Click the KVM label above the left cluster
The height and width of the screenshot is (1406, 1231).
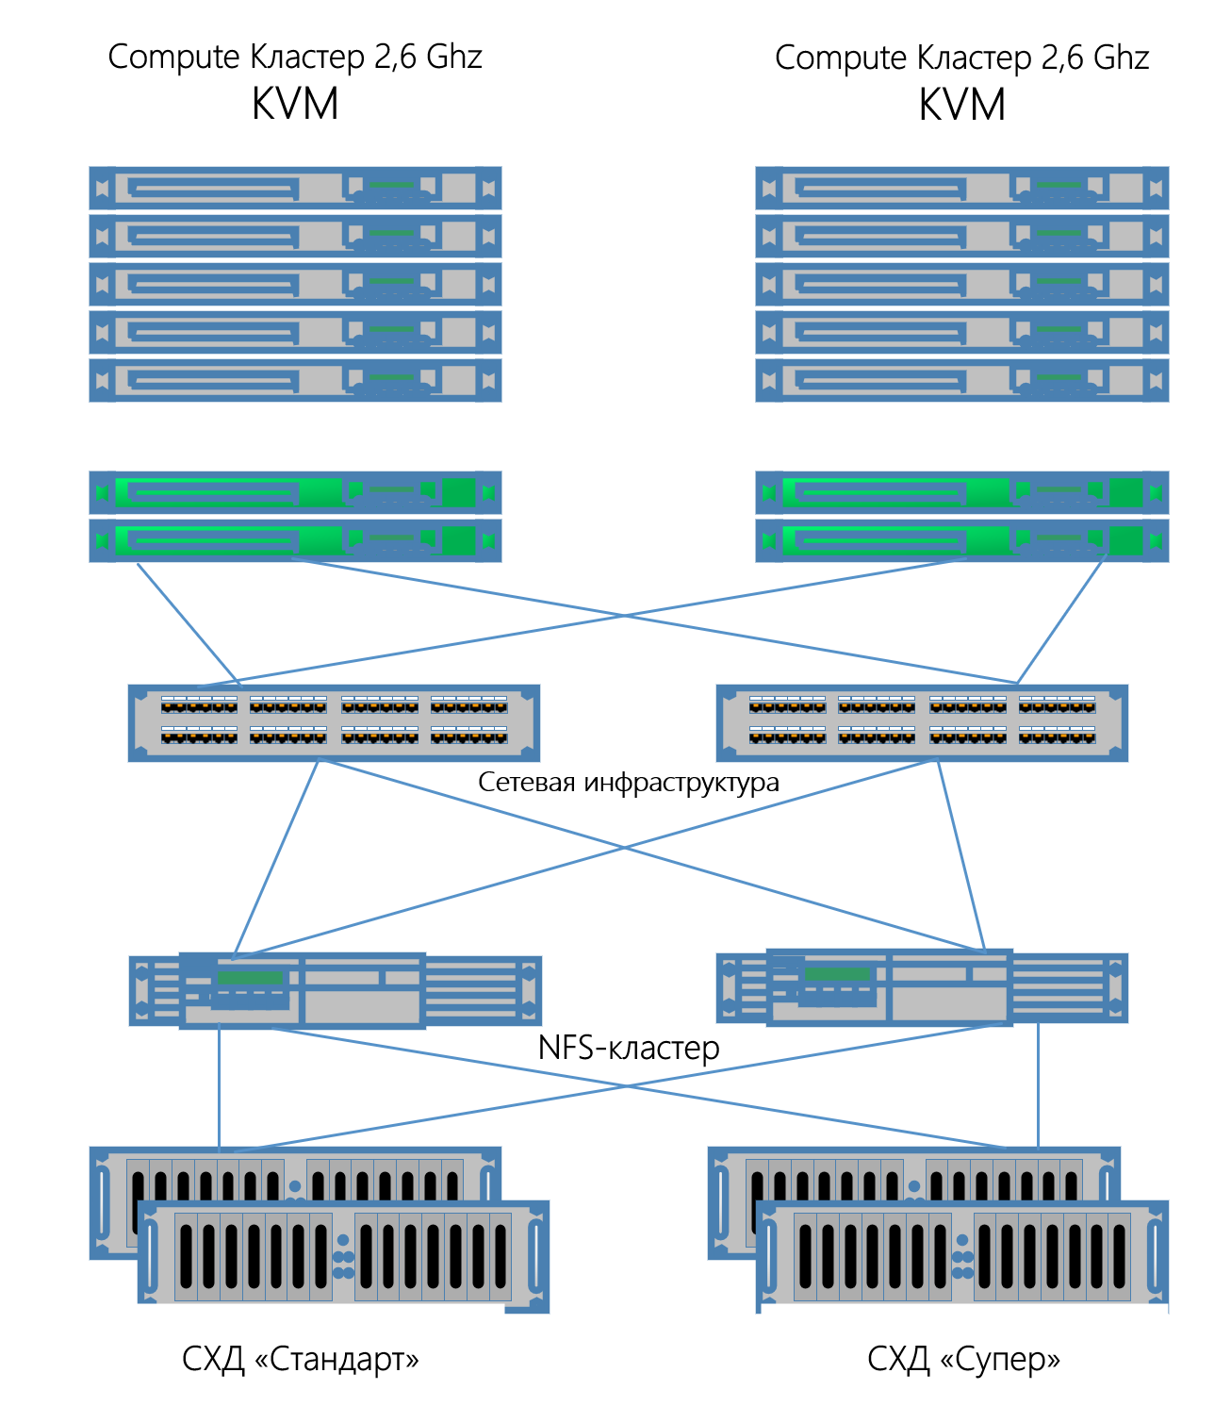pyautogui.click(x=295, y=104)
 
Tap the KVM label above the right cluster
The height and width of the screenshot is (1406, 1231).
pyautogui.click(x=961, y=104)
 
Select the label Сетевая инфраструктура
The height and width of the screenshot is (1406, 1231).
pyautogui.click(x=628, y=782)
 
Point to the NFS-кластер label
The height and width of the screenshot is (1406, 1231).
pyautogui.click(x=628, y=1048)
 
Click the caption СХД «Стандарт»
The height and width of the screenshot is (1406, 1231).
pyautogui.click(x=300, y=1359)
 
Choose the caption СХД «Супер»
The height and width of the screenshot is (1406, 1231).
pyautogui.click(x=963, y=1359)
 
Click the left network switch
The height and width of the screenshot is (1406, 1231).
pyautogui.click(x=334, y=722)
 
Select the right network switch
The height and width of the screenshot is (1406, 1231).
pyautogui.click(x=922, y=722)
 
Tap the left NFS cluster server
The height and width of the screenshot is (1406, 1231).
pyautogui.click(x=335, y=990)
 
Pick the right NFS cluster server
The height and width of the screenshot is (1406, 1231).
pyautogui.click(x=922, y=987)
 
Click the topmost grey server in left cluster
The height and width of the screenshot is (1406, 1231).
pyautogui.click(x=295, y=188)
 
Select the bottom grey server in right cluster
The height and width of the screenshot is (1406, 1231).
pyautogui.click(x=961, y=380)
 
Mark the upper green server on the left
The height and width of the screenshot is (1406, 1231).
pyautogui.click(x=295, y=492)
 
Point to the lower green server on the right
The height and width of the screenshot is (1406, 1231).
pyautogui.click(x=961, y=540)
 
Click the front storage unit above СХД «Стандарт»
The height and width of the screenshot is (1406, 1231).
pyautogui.click(x=343, y=1256)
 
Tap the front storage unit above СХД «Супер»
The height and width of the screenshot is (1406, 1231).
pyautogui.click(x=961, y=1256)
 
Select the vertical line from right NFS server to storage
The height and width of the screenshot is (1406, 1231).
pyautogui.click(x=1038, y=1084)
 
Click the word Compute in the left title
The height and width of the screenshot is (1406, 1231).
pyautogui.click(x=174, y=57)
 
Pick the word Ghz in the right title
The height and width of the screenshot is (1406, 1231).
pyautogui.click(x=1121, y=58)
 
